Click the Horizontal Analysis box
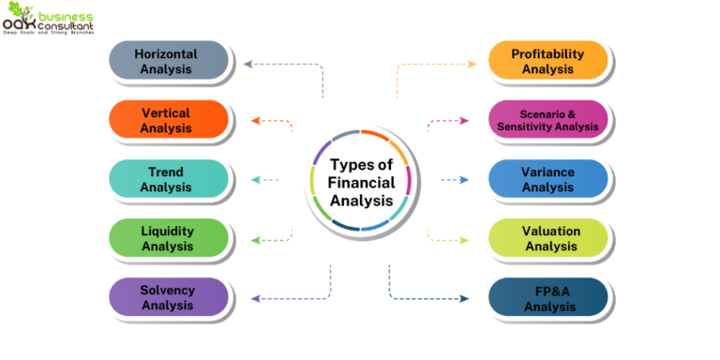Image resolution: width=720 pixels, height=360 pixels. click(169, 61)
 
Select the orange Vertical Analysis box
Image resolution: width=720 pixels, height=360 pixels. click(169, 120)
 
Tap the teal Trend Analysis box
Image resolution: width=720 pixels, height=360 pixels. click(169, 179)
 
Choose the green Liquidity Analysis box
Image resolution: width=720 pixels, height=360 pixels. click(169, 238)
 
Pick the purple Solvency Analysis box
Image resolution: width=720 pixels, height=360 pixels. click(169, 296)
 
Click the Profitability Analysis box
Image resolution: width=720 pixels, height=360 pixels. click(548, 61)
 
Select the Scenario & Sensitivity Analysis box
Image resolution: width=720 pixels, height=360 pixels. click(548, 120)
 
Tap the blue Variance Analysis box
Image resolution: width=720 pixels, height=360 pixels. click(548, 179)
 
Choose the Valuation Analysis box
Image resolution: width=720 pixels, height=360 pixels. click(548, 238)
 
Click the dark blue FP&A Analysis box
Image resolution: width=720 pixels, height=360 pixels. click(548, 298)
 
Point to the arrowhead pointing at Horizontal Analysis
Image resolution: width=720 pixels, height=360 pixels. click(247, 64)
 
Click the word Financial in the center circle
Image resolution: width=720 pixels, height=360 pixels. click(361, 182)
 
